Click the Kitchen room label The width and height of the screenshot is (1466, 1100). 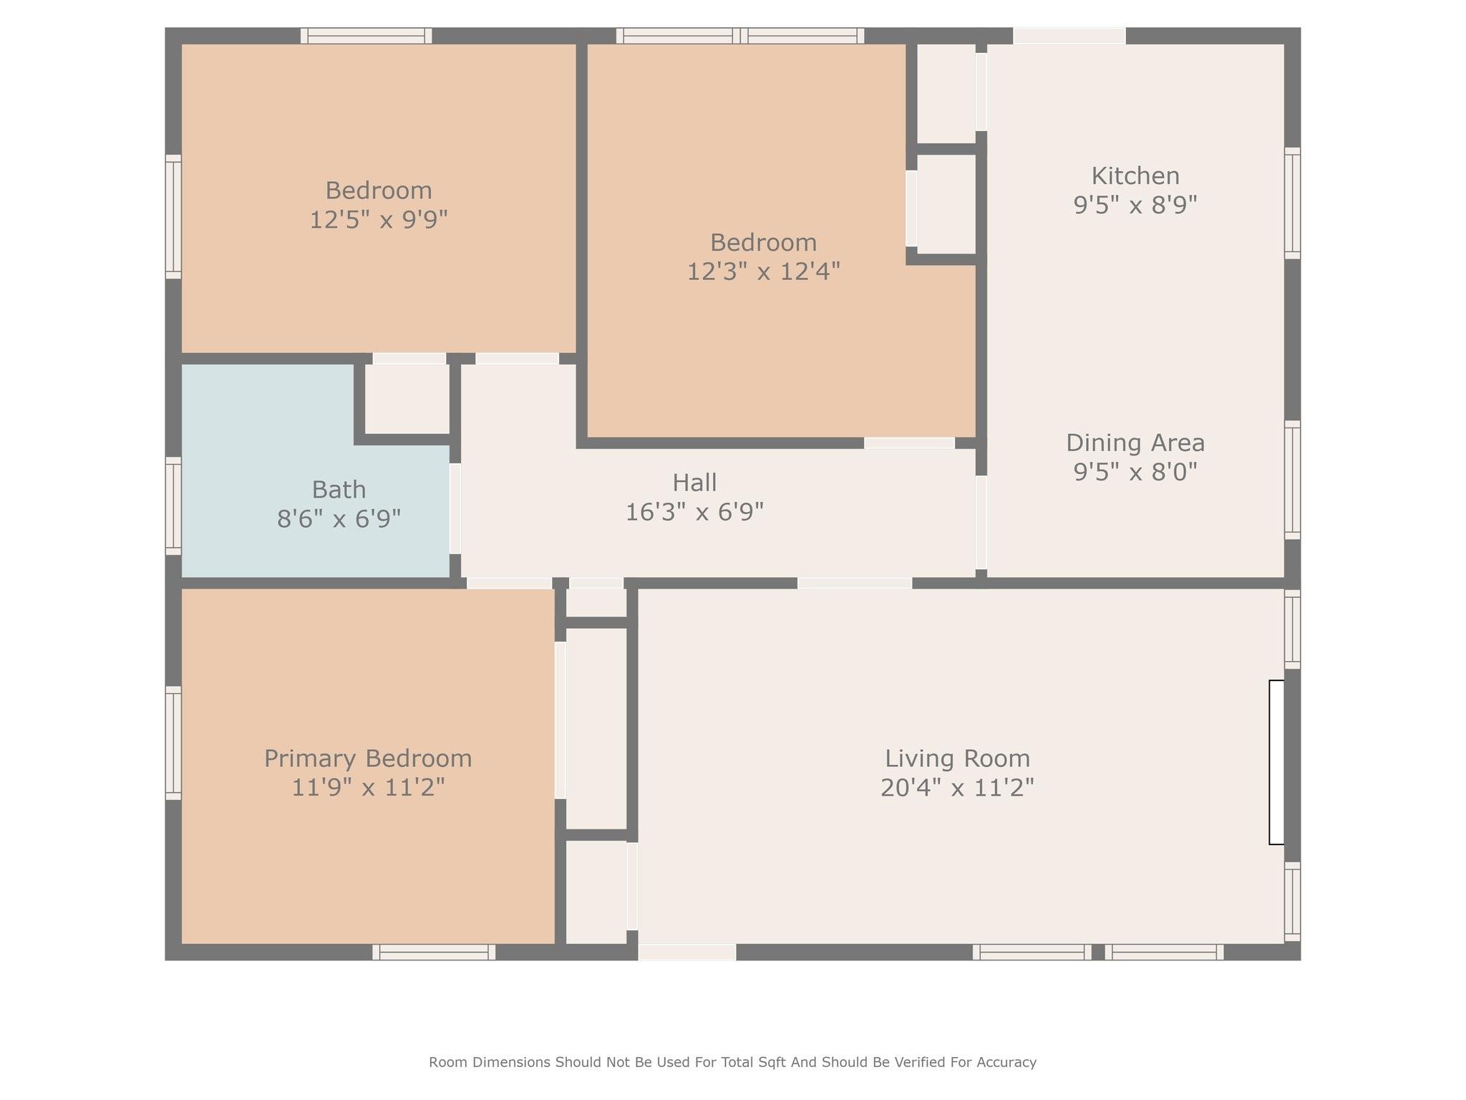coord(1135,176)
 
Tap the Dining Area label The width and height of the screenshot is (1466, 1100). coord(1135,443)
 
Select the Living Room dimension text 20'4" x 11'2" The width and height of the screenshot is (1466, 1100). coord(957,788)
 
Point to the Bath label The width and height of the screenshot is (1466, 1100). coord(339,490)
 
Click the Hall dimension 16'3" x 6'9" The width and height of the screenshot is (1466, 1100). coord(694,512)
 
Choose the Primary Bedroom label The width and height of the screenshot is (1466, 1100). coord(368,758)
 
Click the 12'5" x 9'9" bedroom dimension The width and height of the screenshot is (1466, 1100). coord(378,219)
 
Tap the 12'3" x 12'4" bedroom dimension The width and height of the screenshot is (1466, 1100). coord(763,271)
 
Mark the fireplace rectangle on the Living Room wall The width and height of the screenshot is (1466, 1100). coord(1276,762)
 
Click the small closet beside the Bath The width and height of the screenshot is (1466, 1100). coord(407,398)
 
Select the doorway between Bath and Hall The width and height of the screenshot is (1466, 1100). coord(455,508)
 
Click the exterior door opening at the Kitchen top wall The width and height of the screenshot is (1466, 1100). coord(1069,36)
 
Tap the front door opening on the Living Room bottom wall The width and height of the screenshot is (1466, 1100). coord(687,952)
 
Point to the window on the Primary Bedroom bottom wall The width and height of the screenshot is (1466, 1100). coord(434,952)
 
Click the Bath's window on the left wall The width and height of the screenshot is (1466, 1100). coord(173,506)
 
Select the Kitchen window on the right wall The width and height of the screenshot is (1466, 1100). coord(1292,203)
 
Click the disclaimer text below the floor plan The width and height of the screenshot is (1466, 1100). coord(732,1062)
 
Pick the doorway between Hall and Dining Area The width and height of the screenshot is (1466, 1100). coord(981,523)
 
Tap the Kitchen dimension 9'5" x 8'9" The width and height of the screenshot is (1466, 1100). coord(1135,206)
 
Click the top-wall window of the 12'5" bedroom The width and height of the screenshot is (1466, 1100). coord(366,36)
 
